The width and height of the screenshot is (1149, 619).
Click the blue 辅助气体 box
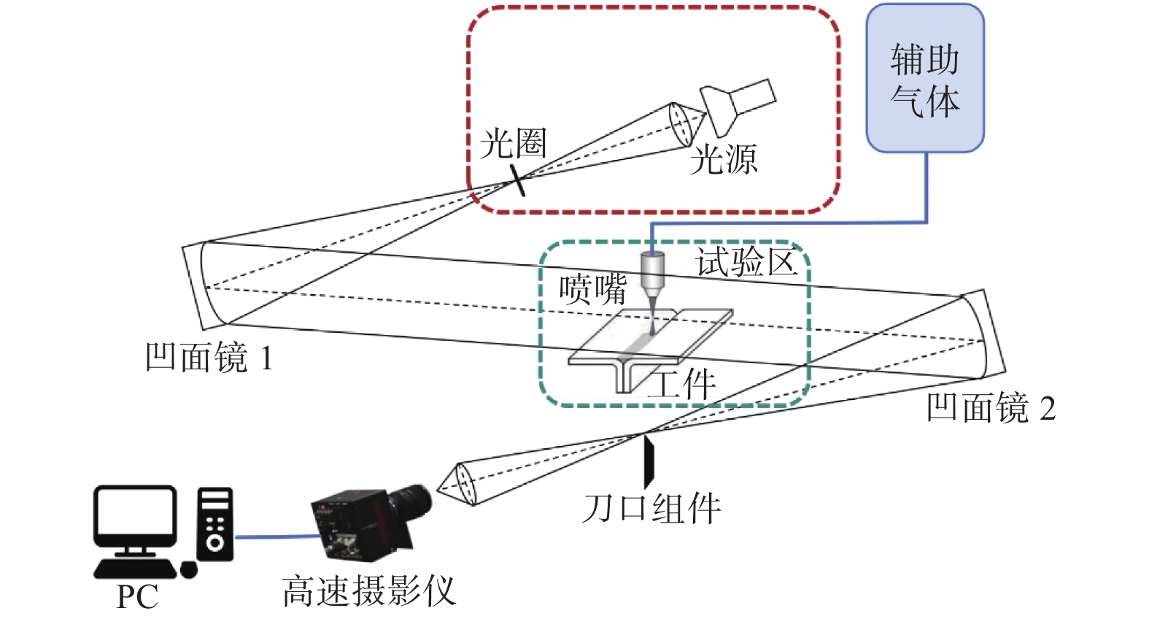pyautogui.click(x=924, y=79)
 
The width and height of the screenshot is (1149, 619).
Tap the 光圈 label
pyautogui.click(x=513, y=144)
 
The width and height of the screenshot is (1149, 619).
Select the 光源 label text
pyautogui.click(x=724, y=160)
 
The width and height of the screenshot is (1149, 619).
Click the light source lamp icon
pyautogui.click(x=737, y=106)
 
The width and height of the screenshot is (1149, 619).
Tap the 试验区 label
pyautogui.click(x=746, y=262)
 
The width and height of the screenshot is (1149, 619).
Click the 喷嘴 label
pyautogui.click(x=592, y=290)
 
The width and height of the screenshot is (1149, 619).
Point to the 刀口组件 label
pyautogui.click(x=651, y=509)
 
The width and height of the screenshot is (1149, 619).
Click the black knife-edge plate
pyautogui.click(x=648, y=461)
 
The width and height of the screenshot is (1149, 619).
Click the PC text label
pyautogui.click(x=137, y=597)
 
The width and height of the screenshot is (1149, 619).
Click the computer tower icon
pyautogui.click(x=215, y=524)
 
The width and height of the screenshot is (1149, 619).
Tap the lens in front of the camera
pyautogui.click(x=464, y=484)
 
